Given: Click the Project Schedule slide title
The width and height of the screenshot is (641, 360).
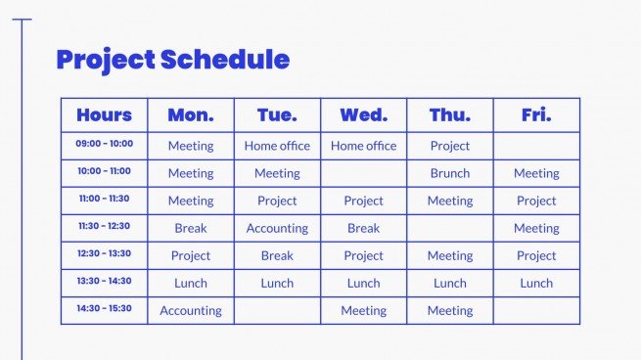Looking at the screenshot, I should coord(172,60).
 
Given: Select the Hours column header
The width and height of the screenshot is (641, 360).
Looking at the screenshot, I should coord(104,115).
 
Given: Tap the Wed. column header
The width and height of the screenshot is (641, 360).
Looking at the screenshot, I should coord(363,115).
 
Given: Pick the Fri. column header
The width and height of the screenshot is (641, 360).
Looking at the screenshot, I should coord(536,115).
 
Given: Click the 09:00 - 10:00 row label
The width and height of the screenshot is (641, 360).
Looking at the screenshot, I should coord(104,144).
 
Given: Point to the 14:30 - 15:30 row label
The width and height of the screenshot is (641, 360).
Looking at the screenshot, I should coord(104,308).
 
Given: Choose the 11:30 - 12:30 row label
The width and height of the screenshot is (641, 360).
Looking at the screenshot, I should coord(104,226).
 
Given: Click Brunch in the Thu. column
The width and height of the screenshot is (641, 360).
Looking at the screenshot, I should coord(450,173).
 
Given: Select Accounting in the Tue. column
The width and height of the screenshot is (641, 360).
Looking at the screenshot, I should coord(277,228).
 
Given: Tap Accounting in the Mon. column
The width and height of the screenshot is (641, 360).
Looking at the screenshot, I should coord(191,311).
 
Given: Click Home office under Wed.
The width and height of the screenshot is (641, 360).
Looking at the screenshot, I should coord(363,146).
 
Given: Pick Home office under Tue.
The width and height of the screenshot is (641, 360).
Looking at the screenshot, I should coord(277,146).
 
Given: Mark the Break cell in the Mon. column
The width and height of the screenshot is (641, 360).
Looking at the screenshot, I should coord(191,228).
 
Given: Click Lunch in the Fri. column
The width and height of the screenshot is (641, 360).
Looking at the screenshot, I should coord(536,283).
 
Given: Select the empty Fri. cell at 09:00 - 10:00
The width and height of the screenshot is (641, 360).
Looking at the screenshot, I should coord(536,146).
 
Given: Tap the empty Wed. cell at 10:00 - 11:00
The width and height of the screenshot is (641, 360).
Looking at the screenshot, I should coord(363,173).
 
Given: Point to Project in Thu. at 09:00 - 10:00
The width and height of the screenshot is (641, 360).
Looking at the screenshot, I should coord(450,146).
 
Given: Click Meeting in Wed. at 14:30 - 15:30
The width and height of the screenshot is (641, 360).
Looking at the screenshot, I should coord(363,311).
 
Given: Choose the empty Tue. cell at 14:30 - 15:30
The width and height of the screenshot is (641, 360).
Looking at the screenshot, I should coord(277,311).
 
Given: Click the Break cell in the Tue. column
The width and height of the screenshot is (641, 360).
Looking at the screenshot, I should coord(277,255).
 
